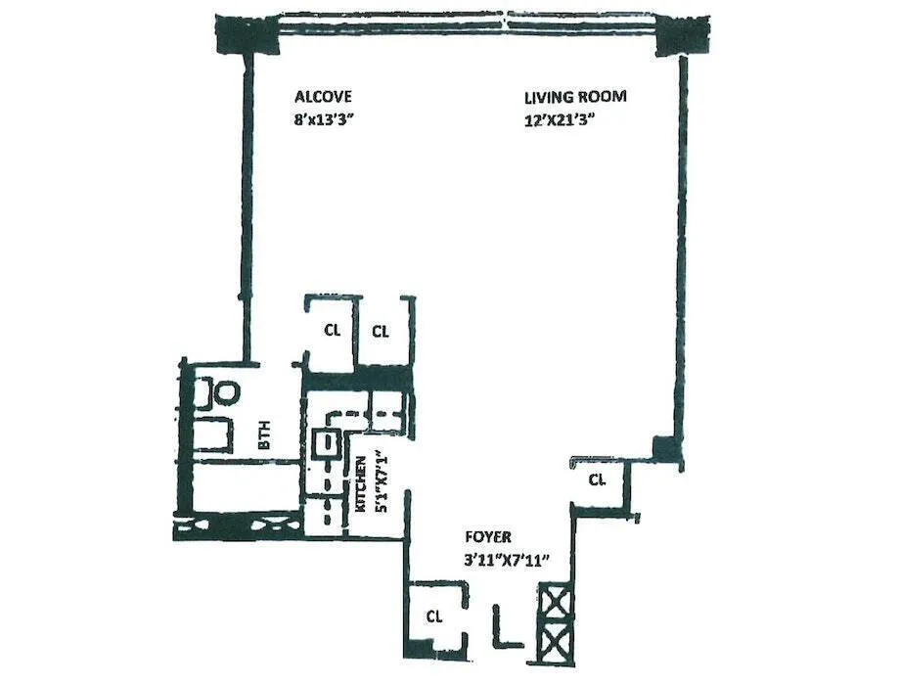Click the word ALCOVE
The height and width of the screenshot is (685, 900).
click(323, 97)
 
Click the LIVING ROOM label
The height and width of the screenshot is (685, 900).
click(574, 97)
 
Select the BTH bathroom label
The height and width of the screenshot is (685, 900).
click(264, 435)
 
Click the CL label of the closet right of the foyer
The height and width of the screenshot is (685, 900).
click(597, 479)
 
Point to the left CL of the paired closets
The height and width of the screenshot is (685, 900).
click(333, 330)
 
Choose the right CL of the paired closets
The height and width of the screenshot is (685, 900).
click(381, 331)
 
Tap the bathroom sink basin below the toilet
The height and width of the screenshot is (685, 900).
click(214, 434)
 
